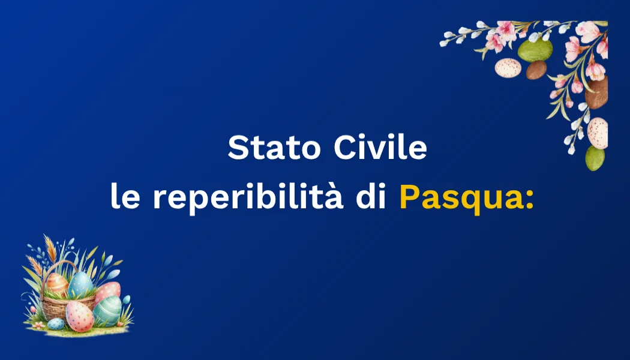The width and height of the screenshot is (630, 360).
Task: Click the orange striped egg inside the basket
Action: [58, 283]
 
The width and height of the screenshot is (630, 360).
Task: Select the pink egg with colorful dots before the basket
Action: [79, 316]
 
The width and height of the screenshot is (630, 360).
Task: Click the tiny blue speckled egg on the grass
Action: [56, 323]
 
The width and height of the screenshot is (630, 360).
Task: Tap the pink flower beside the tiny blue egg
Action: [40, 325]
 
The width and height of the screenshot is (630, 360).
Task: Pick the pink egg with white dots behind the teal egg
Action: [109, 292]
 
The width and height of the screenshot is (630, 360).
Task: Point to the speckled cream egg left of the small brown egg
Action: [508, 68]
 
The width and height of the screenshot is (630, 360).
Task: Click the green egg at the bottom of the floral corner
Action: [595, 158]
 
